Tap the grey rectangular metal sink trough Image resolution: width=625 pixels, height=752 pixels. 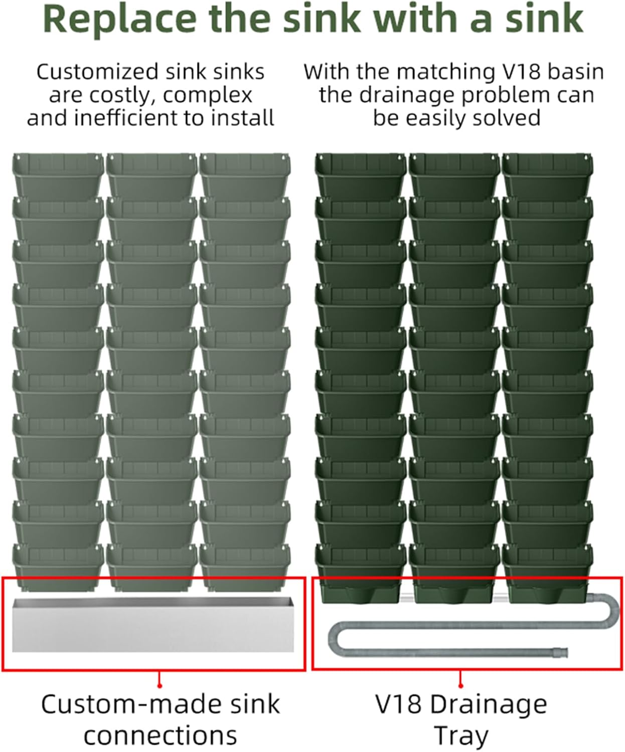point(153,625)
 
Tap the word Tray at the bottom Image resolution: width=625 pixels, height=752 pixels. point(461,736)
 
